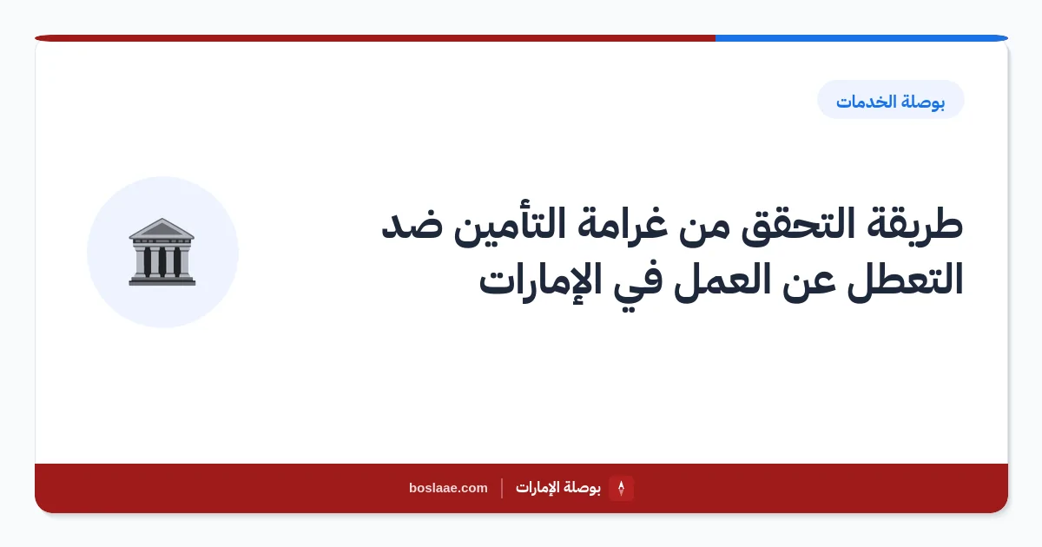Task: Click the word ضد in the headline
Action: tap(412, 225)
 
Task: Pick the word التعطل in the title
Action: tap(905, 279)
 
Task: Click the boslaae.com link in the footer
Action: tap(448, 488)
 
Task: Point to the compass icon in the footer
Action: tap(621, 488)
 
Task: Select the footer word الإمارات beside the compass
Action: tap(535, 488)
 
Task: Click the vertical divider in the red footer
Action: tap(502, 488)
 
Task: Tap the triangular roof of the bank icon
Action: tap(162, 227)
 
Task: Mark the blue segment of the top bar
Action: tap(861, 38)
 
